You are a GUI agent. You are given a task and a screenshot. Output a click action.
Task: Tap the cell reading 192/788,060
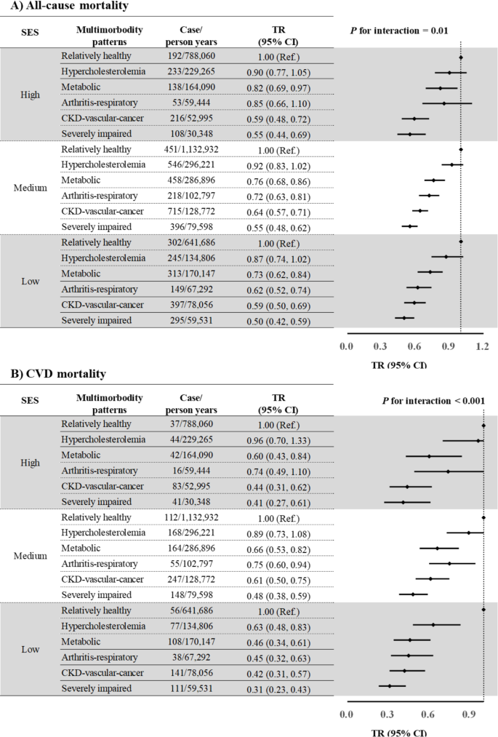tap(189, 56)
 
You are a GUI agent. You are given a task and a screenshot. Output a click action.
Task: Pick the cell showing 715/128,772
tap(189, 211)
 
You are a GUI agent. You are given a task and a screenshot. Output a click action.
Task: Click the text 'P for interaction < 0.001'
tap(434, 400)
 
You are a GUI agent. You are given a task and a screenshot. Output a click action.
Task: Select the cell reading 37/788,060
tap(189, 423)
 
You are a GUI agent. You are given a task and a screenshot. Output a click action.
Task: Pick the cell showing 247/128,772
tap(189, 579)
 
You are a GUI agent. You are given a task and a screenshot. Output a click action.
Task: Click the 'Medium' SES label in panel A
tap(30, 188)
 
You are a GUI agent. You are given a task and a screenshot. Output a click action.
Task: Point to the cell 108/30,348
tap(189, 134)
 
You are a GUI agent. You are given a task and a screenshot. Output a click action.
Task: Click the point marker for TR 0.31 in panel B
tap(389, 685)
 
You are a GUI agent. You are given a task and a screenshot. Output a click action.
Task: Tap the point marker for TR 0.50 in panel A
tap(404, 317)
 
